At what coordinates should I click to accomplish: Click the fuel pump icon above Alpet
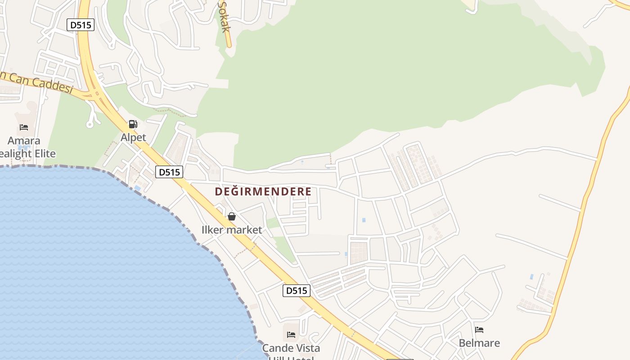133,124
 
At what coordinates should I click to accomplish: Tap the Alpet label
133,137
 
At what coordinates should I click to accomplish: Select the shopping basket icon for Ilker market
232,216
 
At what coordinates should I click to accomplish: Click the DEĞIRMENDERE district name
263,192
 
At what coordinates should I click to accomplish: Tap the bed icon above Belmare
479,330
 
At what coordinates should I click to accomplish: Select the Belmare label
479,343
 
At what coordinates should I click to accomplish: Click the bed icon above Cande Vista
291,334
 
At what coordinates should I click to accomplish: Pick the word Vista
306,348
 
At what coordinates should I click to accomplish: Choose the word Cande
276,348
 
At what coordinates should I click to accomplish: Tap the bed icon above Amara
24,127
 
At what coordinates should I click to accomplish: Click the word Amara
24,141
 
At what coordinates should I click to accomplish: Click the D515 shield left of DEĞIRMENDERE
169,171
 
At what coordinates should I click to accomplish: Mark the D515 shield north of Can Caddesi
81,25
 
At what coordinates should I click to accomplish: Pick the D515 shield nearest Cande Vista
297,291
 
